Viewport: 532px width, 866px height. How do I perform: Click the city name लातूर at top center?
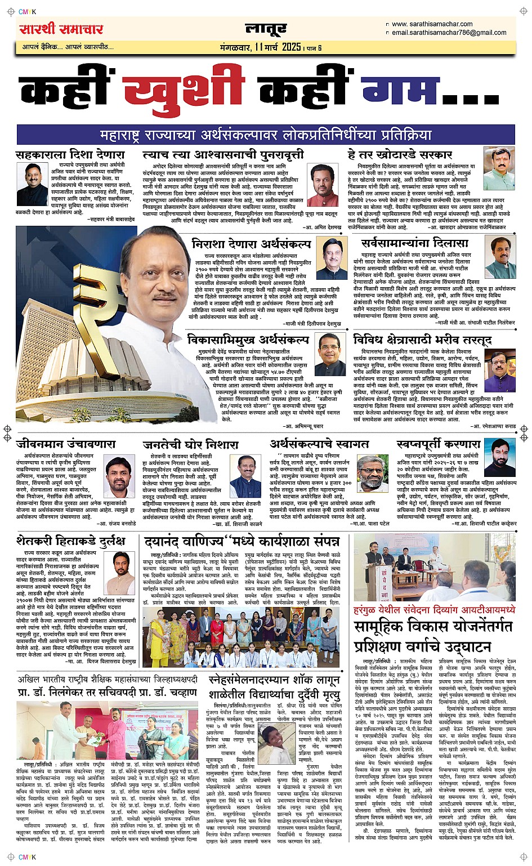pos(266,29)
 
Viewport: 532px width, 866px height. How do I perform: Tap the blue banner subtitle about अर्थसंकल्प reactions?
pos(266,135)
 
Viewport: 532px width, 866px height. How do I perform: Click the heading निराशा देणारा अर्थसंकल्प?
pos(251,244)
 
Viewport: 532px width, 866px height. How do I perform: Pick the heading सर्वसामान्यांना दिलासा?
pos(415,243)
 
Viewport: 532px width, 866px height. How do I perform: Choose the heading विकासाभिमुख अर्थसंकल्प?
pos(248,340)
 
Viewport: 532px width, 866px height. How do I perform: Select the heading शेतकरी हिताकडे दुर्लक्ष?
pos(70,541)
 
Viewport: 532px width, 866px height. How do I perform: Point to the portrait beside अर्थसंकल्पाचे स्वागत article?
pos(371,476)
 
